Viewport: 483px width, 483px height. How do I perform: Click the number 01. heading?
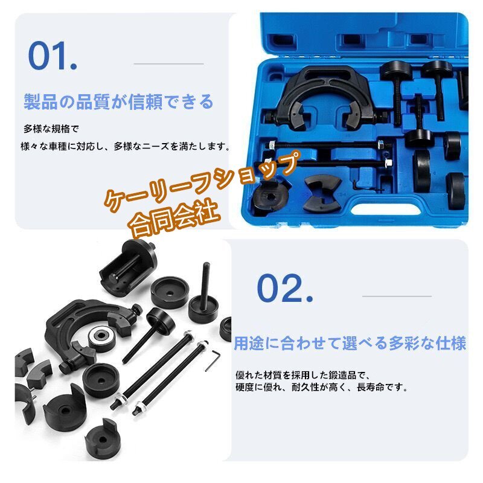click(x=53, y=55)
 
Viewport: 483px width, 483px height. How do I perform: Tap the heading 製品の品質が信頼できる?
click(x=118, y=101)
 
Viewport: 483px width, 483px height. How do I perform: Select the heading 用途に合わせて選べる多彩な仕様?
click(x=350, y=344)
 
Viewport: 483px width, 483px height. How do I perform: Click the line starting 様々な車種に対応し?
click(x=125, y=146)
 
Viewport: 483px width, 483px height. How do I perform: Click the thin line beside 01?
click(x=168, y=63)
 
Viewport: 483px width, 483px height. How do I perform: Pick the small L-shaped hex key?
click(x=212, y=362)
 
